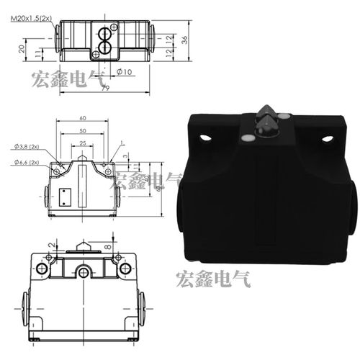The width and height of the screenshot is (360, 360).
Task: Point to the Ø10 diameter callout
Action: click(122, 72)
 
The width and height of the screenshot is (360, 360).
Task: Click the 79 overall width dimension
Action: click(105, 89)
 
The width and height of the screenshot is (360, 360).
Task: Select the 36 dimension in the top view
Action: click(184, 41)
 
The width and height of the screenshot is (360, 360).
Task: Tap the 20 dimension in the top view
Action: click(22, 49)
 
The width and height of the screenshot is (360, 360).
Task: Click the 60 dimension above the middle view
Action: click(83, 118)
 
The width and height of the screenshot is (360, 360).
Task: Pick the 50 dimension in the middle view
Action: click(83, 132)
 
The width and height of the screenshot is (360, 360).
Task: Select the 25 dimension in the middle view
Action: click(83, 144)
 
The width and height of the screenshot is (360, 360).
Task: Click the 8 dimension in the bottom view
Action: click(109, 247)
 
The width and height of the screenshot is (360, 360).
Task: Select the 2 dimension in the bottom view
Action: click(50, 246)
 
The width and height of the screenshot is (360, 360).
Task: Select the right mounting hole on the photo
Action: click(328, 138)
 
